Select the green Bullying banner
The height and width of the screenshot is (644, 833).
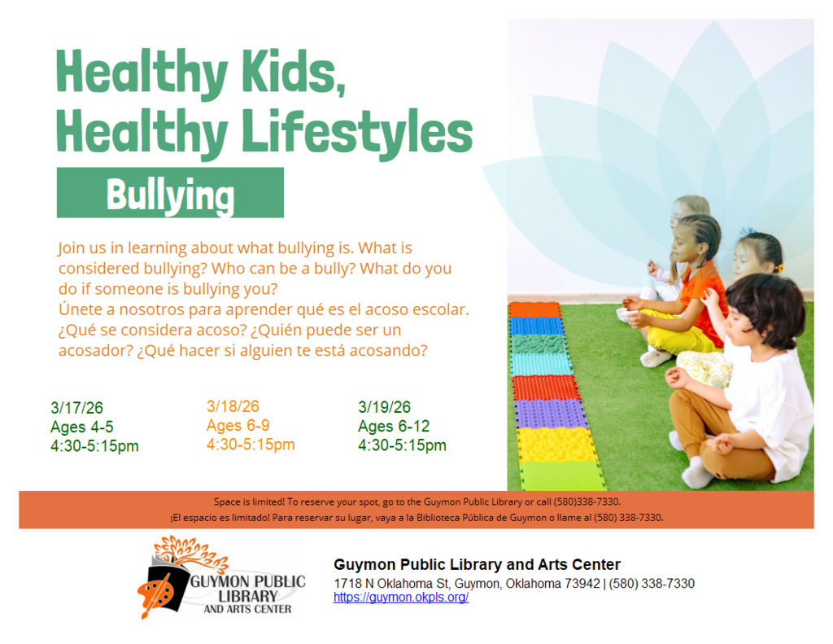[x=170, y=193]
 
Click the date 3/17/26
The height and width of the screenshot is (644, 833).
[x=76, y=408]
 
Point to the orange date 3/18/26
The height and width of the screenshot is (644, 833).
[x=233, y=406]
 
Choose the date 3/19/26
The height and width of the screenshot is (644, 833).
[x=384, y=407]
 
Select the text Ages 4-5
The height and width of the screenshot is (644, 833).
[x=82, y=427]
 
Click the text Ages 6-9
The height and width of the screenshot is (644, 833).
[x=238, y=425]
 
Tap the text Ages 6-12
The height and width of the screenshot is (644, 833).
[x=394, y=427]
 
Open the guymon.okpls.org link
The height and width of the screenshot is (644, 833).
[x=400, y=598]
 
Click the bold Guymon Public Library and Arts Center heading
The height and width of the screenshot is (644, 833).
[x=477, y=565]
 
